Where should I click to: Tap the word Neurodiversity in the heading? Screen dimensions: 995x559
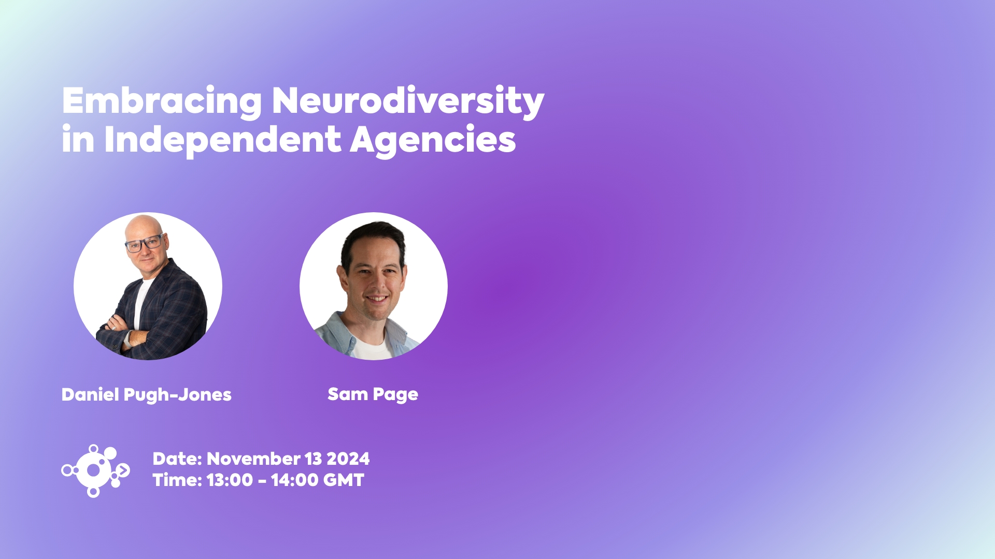[408, 101]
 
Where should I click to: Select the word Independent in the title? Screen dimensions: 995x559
[223, 140]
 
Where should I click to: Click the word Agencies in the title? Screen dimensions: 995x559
[433, 140]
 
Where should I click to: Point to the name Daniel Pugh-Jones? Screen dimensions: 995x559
[147, 395]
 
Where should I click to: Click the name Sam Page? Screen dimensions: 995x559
[373, 394]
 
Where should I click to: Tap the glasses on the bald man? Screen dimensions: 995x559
[145, 243]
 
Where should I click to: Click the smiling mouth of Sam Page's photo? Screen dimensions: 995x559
[377, 299]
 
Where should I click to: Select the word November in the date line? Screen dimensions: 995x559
[253, 459]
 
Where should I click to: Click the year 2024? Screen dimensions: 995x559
[348, 459]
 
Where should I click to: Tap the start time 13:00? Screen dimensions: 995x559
[230, 480]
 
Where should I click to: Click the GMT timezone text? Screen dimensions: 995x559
[344, 480]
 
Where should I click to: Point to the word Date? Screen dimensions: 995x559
[177, 459]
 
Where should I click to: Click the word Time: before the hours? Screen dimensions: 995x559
[177, 480]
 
